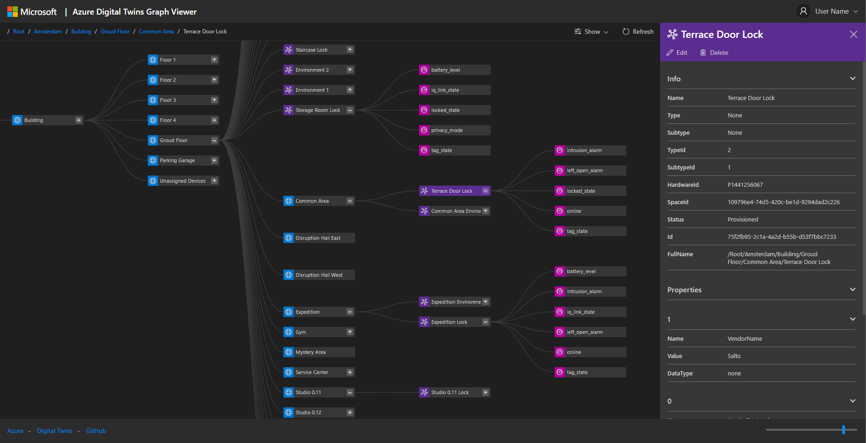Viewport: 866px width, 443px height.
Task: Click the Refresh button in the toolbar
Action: point(638,32)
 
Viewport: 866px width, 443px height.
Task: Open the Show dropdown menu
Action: point(591,32)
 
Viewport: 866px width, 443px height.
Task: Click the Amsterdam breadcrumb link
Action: point(47,32)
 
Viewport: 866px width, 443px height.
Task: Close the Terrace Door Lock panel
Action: point(853,34)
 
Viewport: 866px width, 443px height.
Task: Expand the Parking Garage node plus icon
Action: point(214,160)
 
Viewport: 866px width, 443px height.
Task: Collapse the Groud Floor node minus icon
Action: point(214,140)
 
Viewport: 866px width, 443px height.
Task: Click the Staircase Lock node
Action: point(315,50)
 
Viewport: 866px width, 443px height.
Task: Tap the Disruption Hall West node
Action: point(319,275)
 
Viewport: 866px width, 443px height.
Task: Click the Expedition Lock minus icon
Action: point(486,322)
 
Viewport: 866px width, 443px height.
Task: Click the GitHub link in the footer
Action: point(96,431)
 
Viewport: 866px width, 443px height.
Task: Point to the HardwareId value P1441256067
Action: point(745,185)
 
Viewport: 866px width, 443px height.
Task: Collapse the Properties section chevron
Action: point(852,290)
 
